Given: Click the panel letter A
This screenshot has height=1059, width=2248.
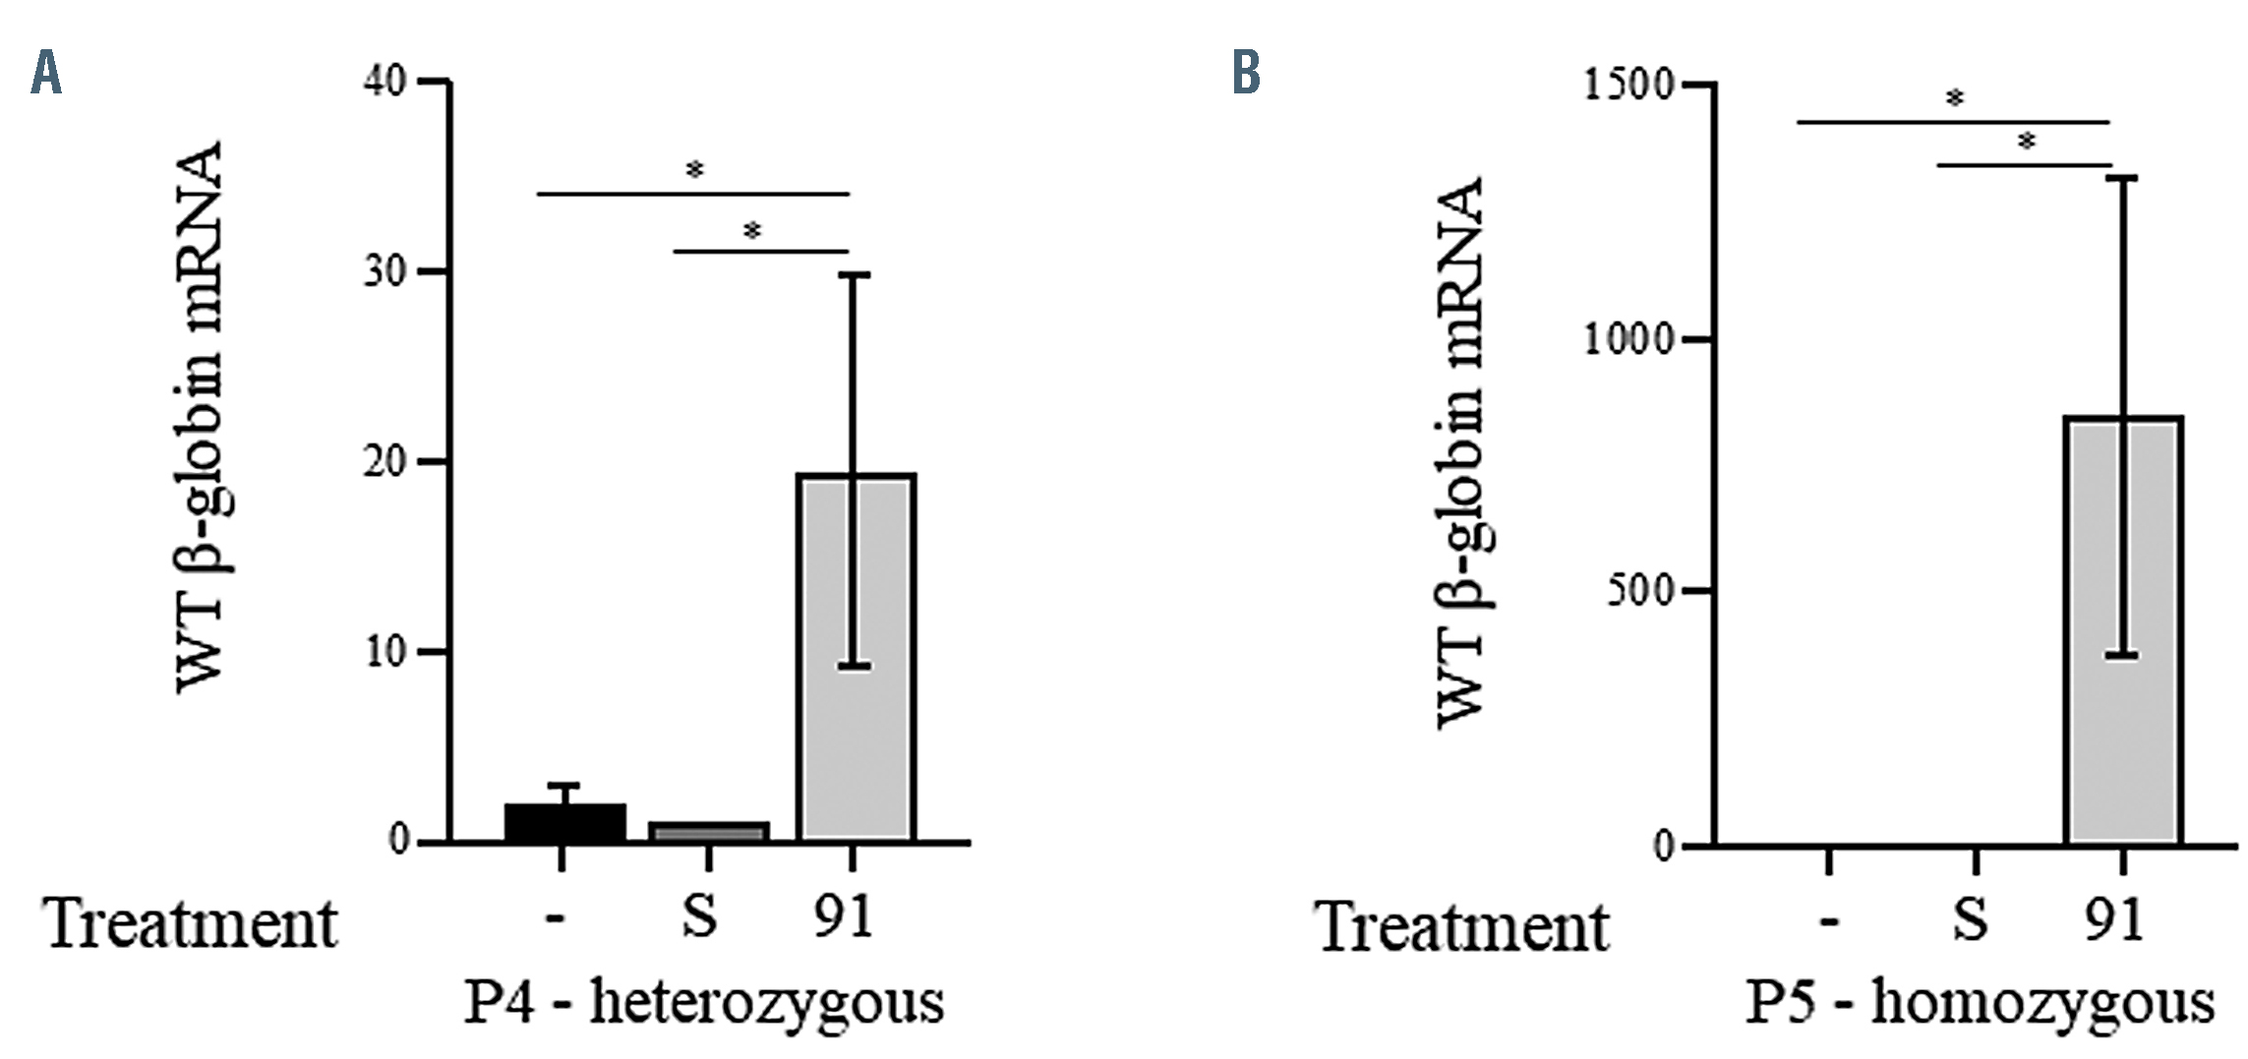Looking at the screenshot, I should tap(46, 74).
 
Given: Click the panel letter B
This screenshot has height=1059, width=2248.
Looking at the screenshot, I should tap(1246, 74).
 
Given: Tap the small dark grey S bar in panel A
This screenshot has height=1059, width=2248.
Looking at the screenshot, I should tap(708, 832).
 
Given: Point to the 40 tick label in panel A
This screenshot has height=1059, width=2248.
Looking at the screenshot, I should tap(385, 82).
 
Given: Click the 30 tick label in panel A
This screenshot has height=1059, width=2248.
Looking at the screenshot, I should tap(385, 271).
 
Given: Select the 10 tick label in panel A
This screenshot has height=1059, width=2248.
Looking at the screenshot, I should tap(385, 652).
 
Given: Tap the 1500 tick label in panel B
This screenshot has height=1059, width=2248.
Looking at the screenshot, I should tap(1627, 85).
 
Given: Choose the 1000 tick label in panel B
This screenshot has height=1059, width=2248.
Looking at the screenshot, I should tap(1627, 339).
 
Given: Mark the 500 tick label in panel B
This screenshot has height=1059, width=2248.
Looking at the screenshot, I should tap(1638, 592).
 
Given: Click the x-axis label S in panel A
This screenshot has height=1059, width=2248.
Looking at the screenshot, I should tap(699, 918).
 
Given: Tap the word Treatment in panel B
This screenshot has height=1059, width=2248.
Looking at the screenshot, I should tap(1462, 926).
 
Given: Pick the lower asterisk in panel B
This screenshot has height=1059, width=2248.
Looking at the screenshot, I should tap(2027, 143).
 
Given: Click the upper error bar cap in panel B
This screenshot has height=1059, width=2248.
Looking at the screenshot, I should tap(2122, 178).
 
